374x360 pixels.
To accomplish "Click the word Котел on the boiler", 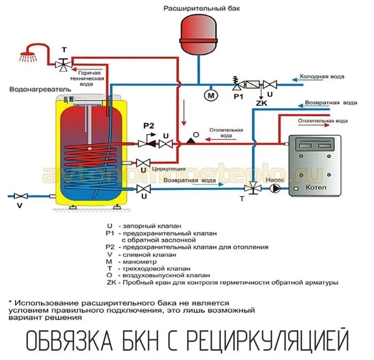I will [x=316, y=188].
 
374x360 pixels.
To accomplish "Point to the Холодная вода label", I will [x=321, y=77].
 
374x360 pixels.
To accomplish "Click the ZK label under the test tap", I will [x=261, y=103].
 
